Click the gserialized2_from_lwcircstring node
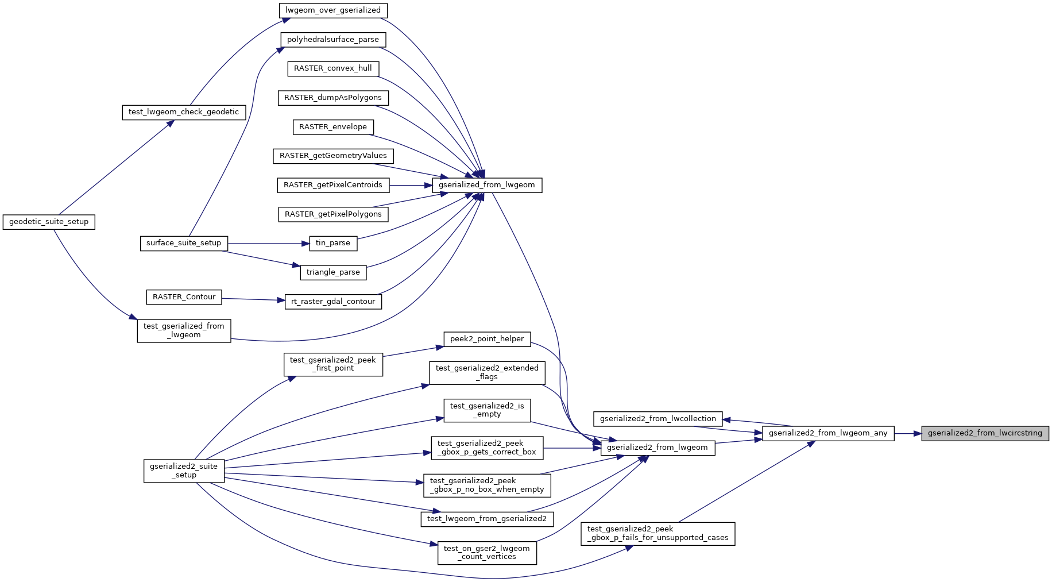coord(985,433)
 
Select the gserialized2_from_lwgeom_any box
coord(827,433)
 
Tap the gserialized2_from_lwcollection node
coord(657,419)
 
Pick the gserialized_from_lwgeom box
coord(486,185)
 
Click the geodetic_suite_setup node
coord(49,222)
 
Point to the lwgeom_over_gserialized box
coord(333,10)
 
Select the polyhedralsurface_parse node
coord(333,40)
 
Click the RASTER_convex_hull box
coord(333,68)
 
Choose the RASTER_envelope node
coord(333,127)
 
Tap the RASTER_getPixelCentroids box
coord(333,185)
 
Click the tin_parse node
coord(333,243)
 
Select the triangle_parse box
coord(333,272)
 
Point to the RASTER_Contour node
coord(184,297)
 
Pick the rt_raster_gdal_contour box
coord(333,302)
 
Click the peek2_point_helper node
coord(487,339)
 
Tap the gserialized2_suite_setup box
coord(184,471)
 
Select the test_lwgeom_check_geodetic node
coord(184,112)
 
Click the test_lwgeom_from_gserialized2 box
coord(487,519)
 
